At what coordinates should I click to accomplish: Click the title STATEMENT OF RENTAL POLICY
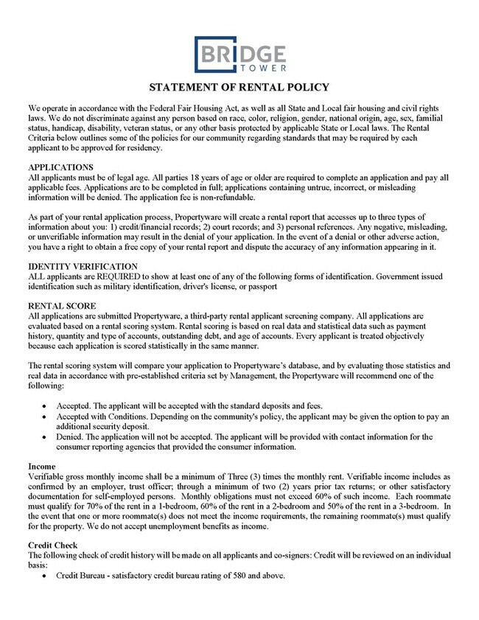coord(239,87)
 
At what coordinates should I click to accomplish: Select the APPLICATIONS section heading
coord(60,167)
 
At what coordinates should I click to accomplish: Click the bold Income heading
coord(43,467)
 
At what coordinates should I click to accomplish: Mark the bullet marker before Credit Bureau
coord(47,575)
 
